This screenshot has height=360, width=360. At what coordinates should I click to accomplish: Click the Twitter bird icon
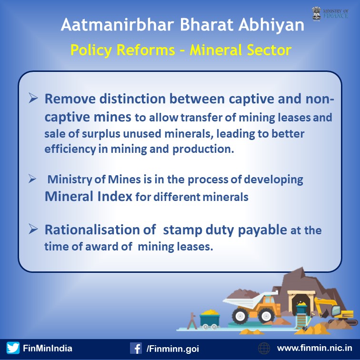tap(13, 348)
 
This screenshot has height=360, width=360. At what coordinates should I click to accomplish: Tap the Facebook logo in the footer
tap(136, 348)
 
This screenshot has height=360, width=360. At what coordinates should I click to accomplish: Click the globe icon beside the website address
tap(264, 348)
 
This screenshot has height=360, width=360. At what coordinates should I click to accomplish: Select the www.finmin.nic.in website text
tap(315, 348)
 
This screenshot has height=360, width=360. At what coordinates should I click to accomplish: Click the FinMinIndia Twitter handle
tap(48, 348)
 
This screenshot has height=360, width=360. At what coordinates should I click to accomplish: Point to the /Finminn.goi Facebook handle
tap(173, 349)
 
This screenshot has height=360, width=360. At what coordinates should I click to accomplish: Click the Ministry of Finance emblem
tap(316, 14)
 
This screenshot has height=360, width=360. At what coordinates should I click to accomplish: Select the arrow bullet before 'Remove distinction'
tap(33, 98)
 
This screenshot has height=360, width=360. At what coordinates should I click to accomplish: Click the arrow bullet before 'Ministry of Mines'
tap(32, 179)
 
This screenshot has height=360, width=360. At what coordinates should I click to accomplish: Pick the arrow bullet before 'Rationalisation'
tap(33, 229)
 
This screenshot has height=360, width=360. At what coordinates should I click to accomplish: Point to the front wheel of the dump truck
tap(240, 316)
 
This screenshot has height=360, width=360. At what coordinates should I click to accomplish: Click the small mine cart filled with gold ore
tap(210, 319)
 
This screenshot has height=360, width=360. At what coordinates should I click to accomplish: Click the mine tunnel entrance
tap(301, 302)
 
